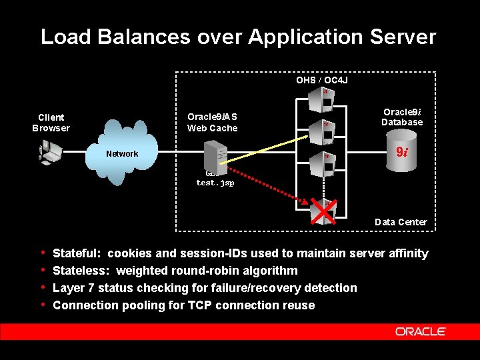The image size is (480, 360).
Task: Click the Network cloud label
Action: click(x=122, y=154)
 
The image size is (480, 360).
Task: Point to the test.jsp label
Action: click(x=215, y=183)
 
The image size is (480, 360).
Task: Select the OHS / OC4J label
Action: click(x=322, y=81)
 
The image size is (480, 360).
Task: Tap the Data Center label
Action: click(x=401, y=222)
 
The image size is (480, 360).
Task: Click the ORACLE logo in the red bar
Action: click(x=420, y=331)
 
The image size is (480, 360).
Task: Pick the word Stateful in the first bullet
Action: click(x=76, y=253)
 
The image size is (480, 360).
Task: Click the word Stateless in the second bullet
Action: click(x=80, y=271)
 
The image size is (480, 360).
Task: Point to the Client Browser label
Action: click(x=51, y=123)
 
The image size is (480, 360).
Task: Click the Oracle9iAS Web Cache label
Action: click(x=212, y=123)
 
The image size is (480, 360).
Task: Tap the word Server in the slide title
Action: click(x=402, y=37)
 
